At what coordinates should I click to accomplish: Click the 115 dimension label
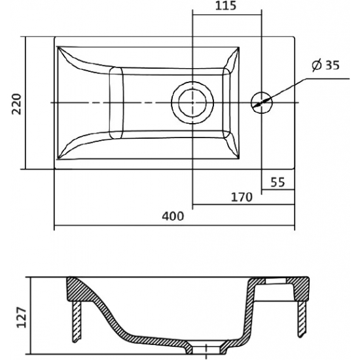pos(226,6)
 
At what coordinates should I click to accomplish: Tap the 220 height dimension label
pos(16,104)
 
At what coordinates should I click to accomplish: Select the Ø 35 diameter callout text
pos(325,65)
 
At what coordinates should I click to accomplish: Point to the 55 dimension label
pos(278,183)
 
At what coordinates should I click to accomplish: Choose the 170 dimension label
pos(242,197)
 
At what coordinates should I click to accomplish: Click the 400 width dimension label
pos(173,216)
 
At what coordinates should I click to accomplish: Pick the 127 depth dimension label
pos(22,317)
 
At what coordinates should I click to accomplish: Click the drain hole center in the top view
pos(192,102)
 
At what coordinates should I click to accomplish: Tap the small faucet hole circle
pos(262,102)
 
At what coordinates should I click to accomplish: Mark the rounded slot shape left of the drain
pos(116,103)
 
